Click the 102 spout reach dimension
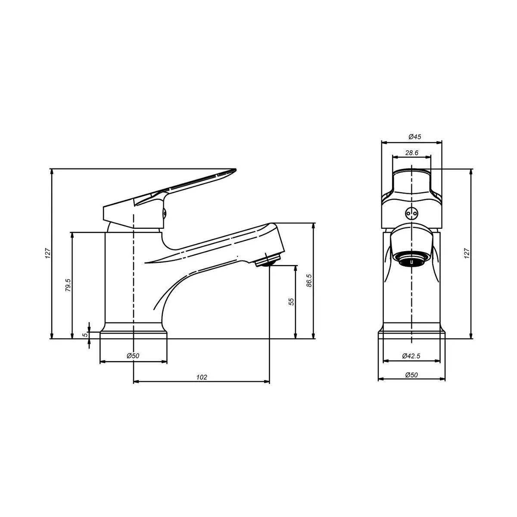coord(202,377)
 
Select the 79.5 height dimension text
coord(68,285)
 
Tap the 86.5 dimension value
coord(309,281)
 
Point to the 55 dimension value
coord(291,302)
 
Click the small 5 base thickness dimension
coord(85,334)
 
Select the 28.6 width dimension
coord(411,153)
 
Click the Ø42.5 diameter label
coord(411,356)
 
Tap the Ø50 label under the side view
coord(133,356)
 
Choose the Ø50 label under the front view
coord(411,375)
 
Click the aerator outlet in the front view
coord(412,260)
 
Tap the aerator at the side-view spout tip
coord(268,260)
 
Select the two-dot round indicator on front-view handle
coord(412,212)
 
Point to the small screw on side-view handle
coord(164,212)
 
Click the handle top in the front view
coord(411,174)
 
